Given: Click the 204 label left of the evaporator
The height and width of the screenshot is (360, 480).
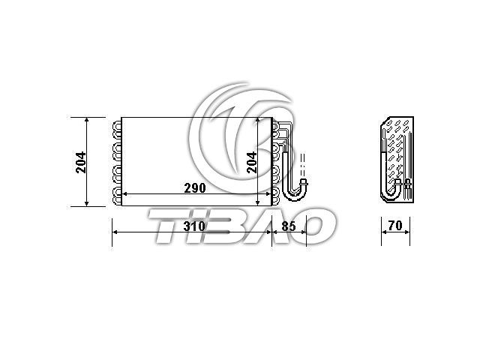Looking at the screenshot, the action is coord(81,162).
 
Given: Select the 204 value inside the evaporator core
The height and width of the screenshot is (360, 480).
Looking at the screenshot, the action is coord(252,162).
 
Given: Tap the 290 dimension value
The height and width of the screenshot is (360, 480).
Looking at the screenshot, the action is coord(195,188).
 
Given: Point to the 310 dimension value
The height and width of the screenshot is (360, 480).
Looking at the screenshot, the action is coord(194,226).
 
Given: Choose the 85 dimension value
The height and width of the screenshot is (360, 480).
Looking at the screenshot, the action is coord(289,226).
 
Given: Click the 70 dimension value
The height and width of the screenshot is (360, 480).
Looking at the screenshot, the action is coord(395,226).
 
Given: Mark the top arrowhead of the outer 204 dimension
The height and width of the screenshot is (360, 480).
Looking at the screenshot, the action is coord(87,120).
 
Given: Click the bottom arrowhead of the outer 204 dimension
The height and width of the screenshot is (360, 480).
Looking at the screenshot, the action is coord(87,203).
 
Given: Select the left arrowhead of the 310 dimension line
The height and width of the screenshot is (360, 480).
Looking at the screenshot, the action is coord(115,232).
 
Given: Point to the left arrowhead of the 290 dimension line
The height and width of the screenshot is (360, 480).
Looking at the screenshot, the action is coord(124,193).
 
